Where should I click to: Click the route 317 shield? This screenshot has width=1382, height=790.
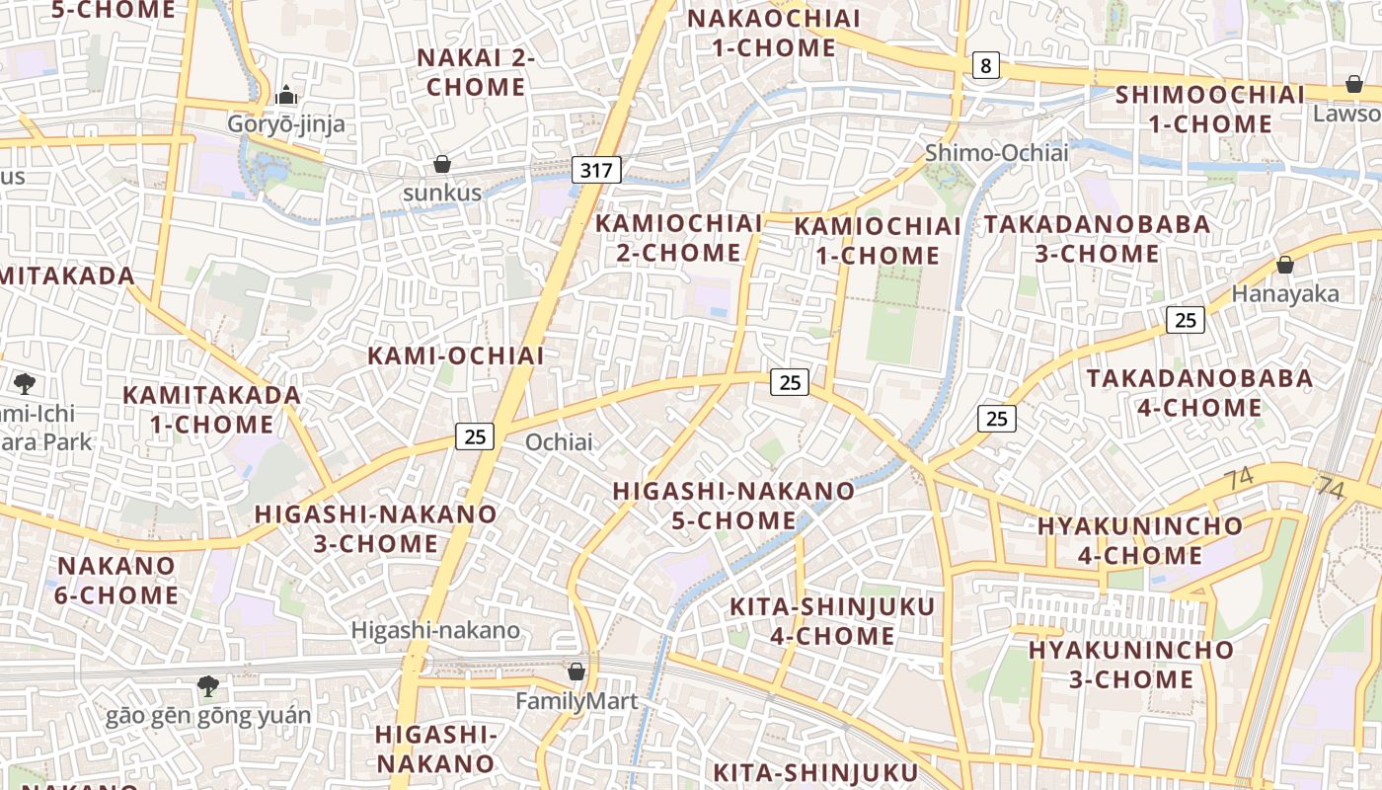596,170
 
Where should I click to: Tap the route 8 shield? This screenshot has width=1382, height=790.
985,66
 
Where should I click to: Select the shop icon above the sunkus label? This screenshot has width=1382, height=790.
442,163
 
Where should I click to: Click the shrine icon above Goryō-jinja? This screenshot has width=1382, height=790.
286,95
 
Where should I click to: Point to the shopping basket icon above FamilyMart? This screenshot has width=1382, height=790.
576,671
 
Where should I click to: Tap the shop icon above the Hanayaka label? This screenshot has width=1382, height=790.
1285,265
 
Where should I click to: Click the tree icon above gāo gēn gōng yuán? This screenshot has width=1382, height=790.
207,685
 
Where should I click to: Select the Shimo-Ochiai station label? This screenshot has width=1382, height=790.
996,153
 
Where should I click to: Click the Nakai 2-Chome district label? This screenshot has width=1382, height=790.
476,72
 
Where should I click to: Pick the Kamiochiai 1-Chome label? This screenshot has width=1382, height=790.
878,241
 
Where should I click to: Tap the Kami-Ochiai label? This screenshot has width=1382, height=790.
456,356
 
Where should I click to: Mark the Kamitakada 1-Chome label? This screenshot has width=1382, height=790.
211,410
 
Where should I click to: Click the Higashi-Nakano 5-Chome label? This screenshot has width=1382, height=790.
733,506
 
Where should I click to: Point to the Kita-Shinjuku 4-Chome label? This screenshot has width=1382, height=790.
831,621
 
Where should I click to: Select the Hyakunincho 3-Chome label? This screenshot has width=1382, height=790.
1131,665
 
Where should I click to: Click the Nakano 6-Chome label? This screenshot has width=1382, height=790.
117,581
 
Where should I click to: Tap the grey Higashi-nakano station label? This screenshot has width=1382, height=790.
435,630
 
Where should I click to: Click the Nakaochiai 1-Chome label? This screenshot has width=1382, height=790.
774,33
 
